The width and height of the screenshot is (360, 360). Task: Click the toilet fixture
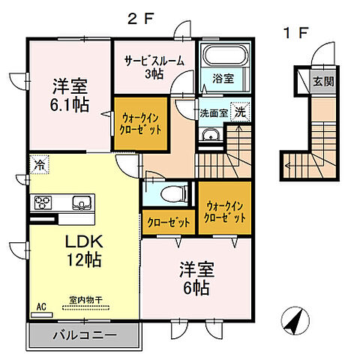[171, 194]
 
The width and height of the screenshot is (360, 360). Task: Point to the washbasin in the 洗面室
[209, 136]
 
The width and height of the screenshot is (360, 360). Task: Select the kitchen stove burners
[41, 202]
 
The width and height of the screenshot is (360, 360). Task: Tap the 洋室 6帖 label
[193, 277]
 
